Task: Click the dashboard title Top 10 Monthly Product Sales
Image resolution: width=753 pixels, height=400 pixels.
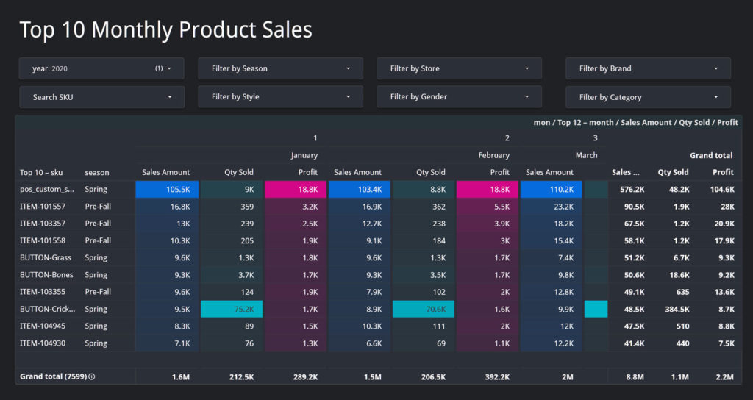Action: (x=165, y=29)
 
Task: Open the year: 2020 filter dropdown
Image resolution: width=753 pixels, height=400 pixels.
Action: (x=101, y=68)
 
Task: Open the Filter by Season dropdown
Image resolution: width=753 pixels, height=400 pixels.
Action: (x=281, y=68)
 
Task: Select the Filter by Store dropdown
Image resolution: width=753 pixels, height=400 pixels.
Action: (x=460, y=68)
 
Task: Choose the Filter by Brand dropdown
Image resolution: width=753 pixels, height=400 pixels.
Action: (x=648, y=68)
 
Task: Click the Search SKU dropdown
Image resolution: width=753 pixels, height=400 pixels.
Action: (x=101, y=97)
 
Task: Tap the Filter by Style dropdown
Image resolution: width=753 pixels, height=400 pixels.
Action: (x=281, y=97)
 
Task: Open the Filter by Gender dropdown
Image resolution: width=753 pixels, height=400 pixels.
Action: (x=460, y=97)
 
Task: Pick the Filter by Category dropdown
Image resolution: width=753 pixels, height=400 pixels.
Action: (x=648, y=97)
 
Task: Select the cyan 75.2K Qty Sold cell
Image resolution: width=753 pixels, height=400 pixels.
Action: (x=231, y=310)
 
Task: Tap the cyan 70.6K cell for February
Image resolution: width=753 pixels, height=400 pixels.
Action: (x=423, y=310)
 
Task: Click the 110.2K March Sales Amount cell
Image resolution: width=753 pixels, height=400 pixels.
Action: (x=551, y=189)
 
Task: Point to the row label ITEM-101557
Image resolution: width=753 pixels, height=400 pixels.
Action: (x=43, y=207)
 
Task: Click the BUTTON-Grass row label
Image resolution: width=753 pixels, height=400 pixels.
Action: (x=43, y=258)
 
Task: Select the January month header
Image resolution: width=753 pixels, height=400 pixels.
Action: (x=304, y=155)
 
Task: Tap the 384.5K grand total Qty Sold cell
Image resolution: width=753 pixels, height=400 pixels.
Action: (x=673, y=310)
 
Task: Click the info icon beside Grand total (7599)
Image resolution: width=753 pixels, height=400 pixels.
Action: (x=92, y=376)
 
